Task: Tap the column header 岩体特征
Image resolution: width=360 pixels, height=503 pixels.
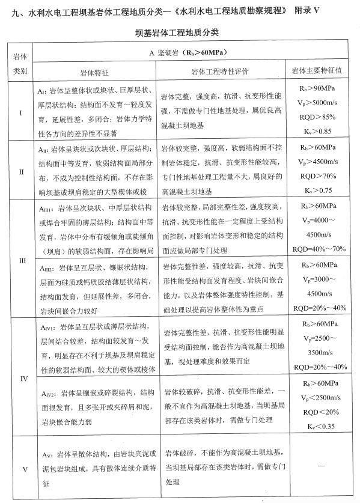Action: [96, 71]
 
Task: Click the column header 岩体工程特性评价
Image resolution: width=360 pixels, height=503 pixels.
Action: [220, 71]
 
